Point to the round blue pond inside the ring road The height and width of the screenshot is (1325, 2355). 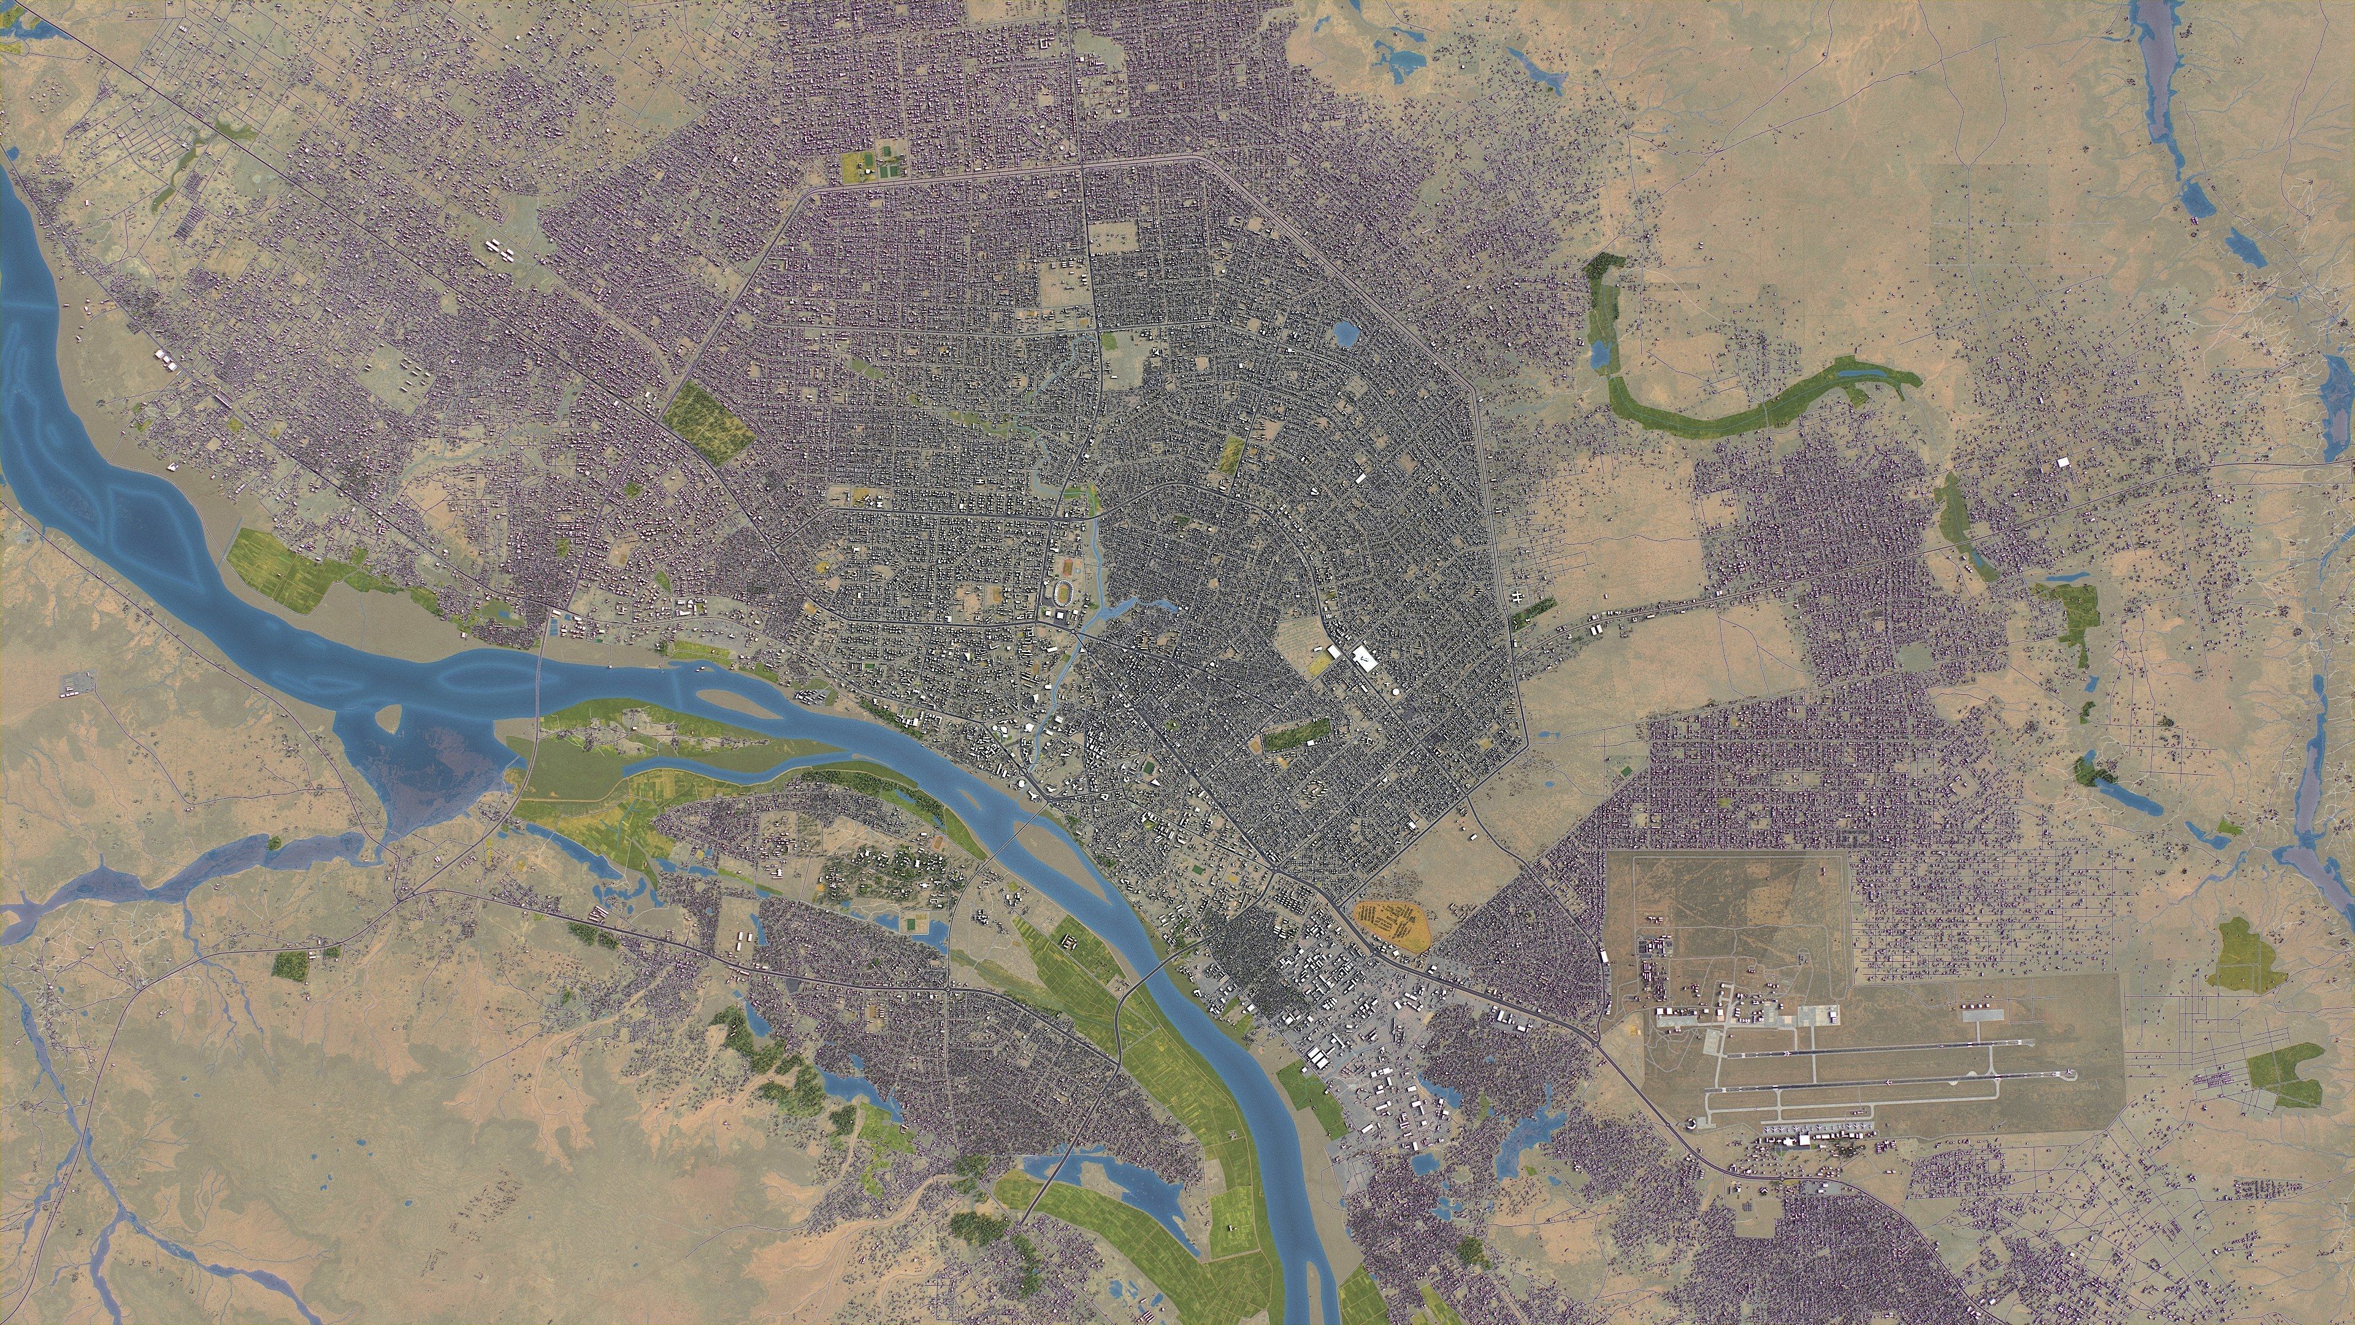pos(1345,334)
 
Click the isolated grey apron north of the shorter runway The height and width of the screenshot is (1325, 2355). pos(1983,1015)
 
